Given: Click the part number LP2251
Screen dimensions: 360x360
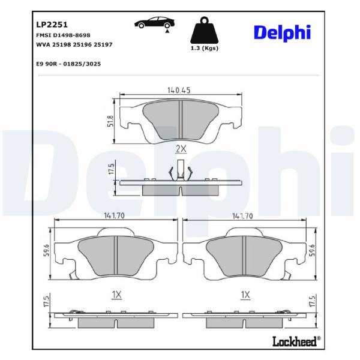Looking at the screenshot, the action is pyautogui.click(x=52, y=25).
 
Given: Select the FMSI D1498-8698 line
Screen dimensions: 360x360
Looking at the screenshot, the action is pyautogui.click(x=63, y=35).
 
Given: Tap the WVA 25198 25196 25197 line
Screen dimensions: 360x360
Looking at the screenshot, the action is pyautogui.click(x=74, y=44).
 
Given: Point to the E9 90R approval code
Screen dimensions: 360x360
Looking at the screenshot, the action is pyautogui.click(x=68, y=64).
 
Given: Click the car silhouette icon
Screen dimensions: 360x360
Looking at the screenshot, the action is pyautogui.click(x=155, y=23).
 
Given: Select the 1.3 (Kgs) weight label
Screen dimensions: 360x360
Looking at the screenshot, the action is pyautogui.click(x=205, y=48).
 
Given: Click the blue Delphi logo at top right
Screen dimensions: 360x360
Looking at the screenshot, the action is pyautogui.click(x=283, y=33).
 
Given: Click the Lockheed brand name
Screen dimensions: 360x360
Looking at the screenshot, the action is pyautogui.click(x=295, y=341).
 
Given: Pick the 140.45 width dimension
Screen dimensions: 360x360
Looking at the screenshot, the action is pyautogui.click(x=179, y=90).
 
